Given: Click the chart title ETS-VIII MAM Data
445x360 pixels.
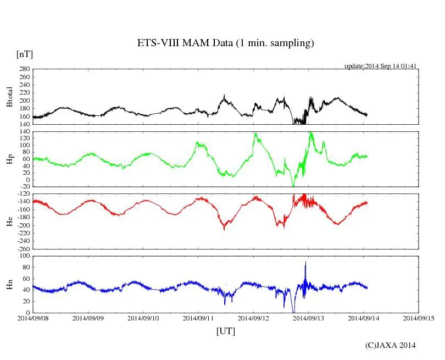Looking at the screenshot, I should [x=225, y=43].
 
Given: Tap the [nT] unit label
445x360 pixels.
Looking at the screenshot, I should [x=24, y=54].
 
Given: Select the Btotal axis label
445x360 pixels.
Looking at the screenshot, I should [x=10, y=96].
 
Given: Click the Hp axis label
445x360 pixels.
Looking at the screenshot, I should [x=10, y=159].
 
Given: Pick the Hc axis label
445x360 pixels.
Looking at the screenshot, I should [x=10, y=221].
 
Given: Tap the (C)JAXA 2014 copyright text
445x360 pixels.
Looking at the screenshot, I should [x=391, y=345].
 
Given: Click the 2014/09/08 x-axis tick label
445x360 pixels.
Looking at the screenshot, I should [x=33, y=318].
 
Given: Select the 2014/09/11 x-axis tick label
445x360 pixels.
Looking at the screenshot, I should [x=198, y=318].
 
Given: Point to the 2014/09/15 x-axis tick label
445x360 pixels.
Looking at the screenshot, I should [x=419, y=318].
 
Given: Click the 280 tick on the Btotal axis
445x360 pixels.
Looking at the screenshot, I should [x=24, y=69].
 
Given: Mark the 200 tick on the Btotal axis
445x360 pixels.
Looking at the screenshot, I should [x=24, y=101].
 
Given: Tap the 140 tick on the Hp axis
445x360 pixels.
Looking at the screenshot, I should [x=24, y=132].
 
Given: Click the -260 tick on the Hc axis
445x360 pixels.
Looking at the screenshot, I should [x=23, y=248].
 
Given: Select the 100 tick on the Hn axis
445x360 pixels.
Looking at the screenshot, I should [x=24, y=256].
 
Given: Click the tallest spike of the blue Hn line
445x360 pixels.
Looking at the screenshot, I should [x=305, y=262].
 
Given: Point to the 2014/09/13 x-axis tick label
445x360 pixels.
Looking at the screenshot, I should [x=309, y=318].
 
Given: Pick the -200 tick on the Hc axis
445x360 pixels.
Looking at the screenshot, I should [x=23, y=225].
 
